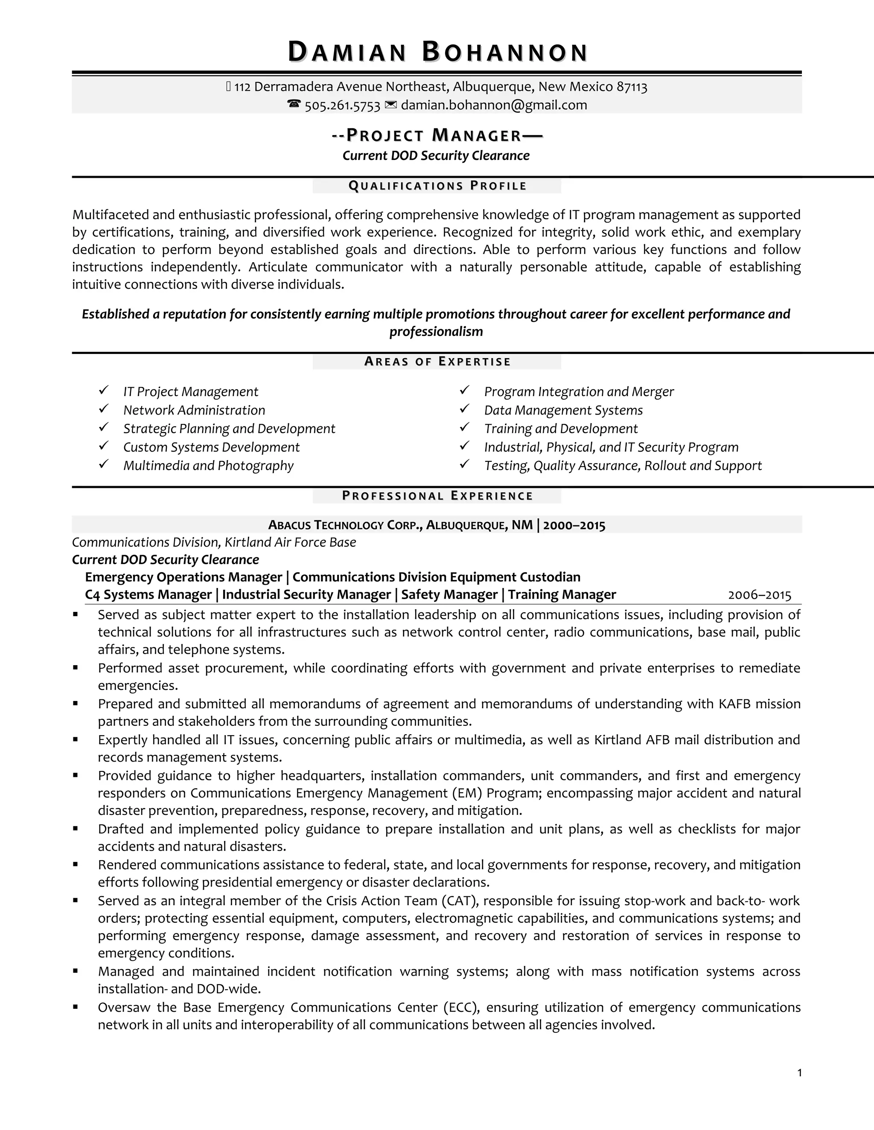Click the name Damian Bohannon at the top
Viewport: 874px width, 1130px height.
[x=437, y=53]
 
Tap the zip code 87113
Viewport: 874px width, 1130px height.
[x=632, y=87]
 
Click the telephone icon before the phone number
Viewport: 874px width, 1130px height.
[x=294, y=104]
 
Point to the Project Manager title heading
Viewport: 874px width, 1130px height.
[x=437, y=136]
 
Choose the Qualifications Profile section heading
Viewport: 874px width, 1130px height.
[x=437, y=186]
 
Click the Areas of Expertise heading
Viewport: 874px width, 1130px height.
[x=437, y=362]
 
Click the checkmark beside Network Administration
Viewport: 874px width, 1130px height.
[x=104, y=409]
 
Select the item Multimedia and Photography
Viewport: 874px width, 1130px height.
[x=208, y=466]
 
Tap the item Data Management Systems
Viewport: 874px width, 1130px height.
[x=563, y=410]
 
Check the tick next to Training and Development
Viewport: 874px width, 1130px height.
[x=464, y=428]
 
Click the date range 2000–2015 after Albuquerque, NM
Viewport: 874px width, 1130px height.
[x=574, y=526]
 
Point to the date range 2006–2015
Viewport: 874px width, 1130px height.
[x=760, y=595]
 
